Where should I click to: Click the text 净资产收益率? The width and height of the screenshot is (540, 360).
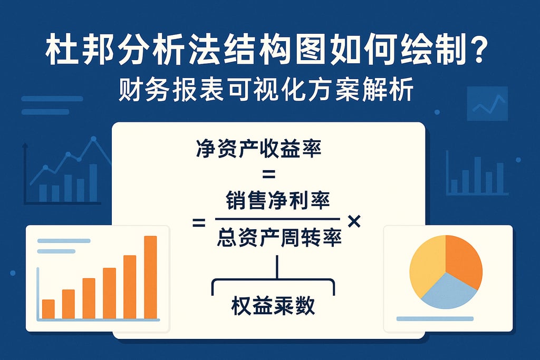click(x=258, y=149)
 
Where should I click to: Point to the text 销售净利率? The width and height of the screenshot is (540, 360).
click(x=277, y=201)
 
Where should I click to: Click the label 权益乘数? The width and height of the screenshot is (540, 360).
click(x=273, y=305)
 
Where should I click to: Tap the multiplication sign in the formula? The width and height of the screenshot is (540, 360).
click(x=354, y=221)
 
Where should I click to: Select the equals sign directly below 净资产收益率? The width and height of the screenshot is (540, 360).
click(x=269, y=174)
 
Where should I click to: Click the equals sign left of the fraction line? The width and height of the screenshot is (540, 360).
click(x=199, y=224)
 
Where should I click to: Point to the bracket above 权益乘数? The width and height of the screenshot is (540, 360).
click(x=273, y=282)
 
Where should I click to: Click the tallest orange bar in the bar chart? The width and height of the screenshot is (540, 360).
click(x=150, y=277)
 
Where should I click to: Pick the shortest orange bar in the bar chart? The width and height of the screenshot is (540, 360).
click(x=48, y=309)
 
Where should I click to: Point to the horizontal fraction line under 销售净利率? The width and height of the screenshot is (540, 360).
click(x=277, y=219)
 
